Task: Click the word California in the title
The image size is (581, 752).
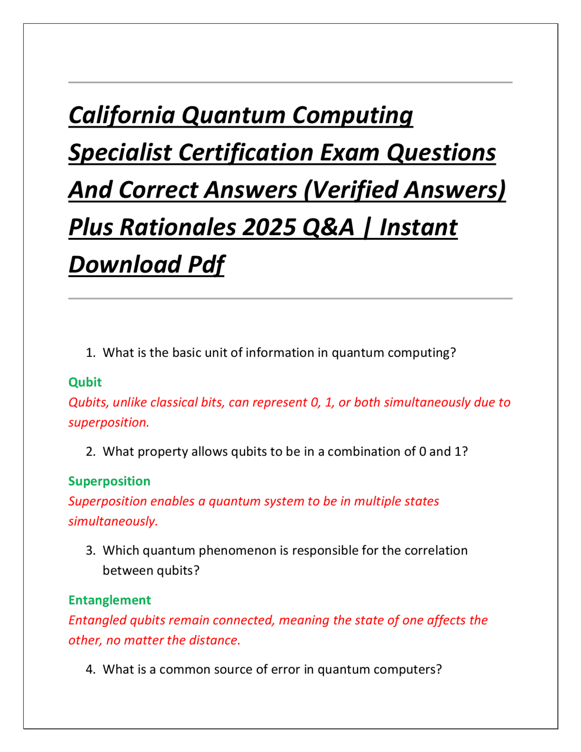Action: tap(122, 115)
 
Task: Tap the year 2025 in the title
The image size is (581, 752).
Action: tap(268, 228)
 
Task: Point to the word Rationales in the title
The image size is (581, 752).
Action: tap(177, 228)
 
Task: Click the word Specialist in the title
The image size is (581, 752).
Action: tap(120, 153)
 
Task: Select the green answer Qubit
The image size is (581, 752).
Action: tap(85, 382)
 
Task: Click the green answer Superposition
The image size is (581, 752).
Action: tap(109, 481)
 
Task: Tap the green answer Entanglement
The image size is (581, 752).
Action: tap(110, 600)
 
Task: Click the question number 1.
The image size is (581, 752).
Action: tap(91, 353)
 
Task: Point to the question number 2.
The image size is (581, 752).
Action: tap(91, 452)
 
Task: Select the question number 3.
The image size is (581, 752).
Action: tap(91, 550)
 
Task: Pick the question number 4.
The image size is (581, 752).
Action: tap(91, 670)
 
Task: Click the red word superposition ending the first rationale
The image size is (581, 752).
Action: tap(108, 422)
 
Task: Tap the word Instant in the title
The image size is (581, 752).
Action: tap(419, 228)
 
